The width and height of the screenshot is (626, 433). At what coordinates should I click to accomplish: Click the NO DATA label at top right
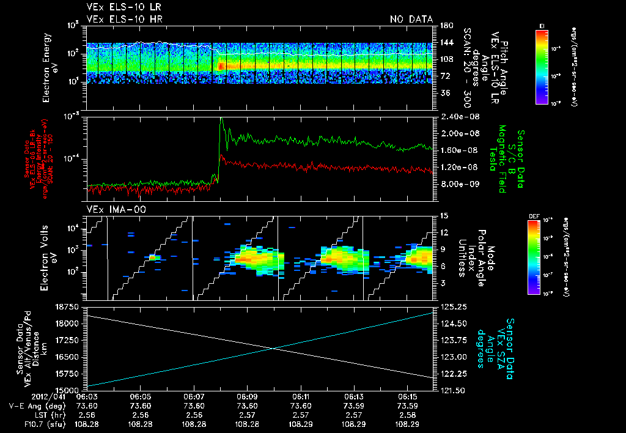(x=411, y=19)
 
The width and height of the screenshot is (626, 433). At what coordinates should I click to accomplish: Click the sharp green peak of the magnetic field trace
(x=222, y=119)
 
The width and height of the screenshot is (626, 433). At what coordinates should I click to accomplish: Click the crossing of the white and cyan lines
(x=273, y=349)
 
